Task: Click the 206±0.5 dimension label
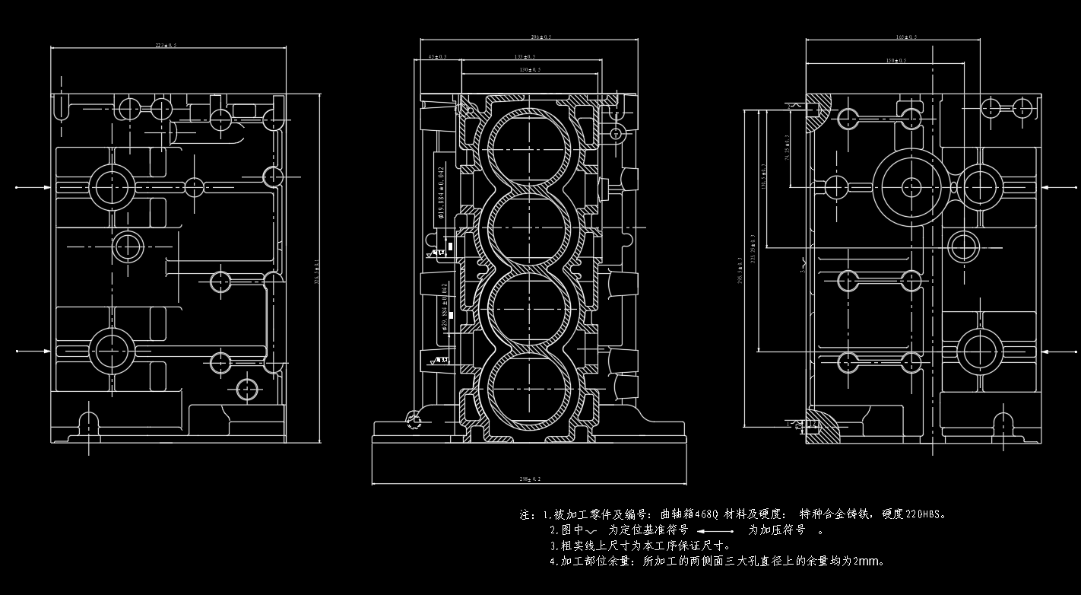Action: coord(540,37)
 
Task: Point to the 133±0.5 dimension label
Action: coord(525,57)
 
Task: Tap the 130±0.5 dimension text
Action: coord(530,70)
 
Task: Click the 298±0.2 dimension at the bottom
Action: coord(529,479)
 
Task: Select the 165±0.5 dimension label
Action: coord(906,37)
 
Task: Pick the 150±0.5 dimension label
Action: coord(896,61)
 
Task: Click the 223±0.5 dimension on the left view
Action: coord(166,46)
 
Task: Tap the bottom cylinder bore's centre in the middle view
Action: coord(529,393)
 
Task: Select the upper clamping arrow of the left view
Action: coord(34,186)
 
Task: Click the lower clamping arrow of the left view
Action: coord(34,352)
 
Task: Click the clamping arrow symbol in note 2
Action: coord(715,530)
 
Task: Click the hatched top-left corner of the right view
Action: coord(819,111)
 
